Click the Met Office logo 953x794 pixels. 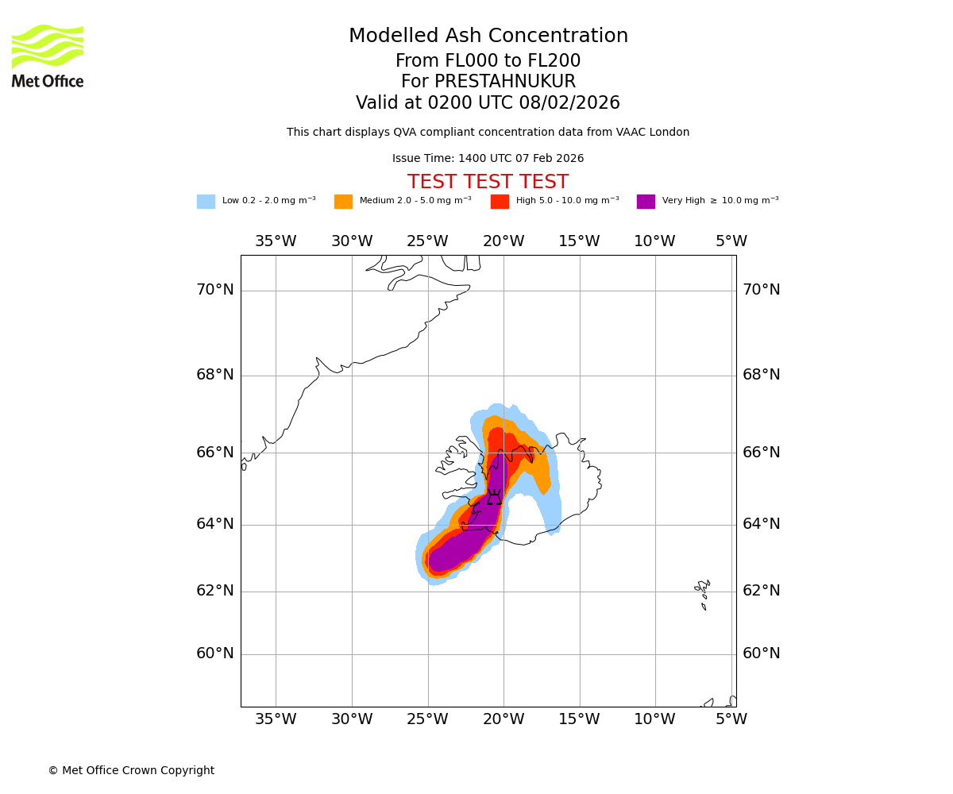[48, 56]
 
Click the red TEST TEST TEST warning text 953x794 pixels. [488, 183]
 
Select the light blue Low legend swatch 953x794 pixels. [206, 202]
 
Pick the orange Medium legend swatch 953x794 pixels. [343, 202]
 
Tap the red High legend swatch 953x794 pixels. [500, 202]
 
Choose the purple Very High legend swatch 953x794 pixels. [646, 202]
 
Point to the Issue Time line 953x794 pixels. [488, 159]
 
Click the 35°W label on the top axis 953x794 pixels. [276, 241]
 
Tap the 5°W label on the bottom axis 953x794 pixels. [731, 719]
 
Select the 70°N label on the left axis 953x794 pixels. [215, 290]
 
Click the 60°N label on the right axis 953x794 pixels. [761, 653]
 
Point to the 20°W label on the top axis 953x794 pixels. [504, 241]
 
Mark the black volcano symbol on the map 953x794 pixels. [495, 498]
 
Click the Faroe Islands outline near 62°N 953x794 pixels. [703, 592]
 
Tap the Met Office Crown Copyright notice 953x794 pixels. [131, 771]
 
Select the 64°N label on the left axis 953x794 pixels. [215, 524]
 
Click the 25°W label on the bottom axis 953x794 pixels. [427, 719]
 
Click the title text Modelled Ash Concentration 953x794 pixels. [488, 37]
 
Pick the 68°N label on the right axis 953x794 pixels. [761, 375]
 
